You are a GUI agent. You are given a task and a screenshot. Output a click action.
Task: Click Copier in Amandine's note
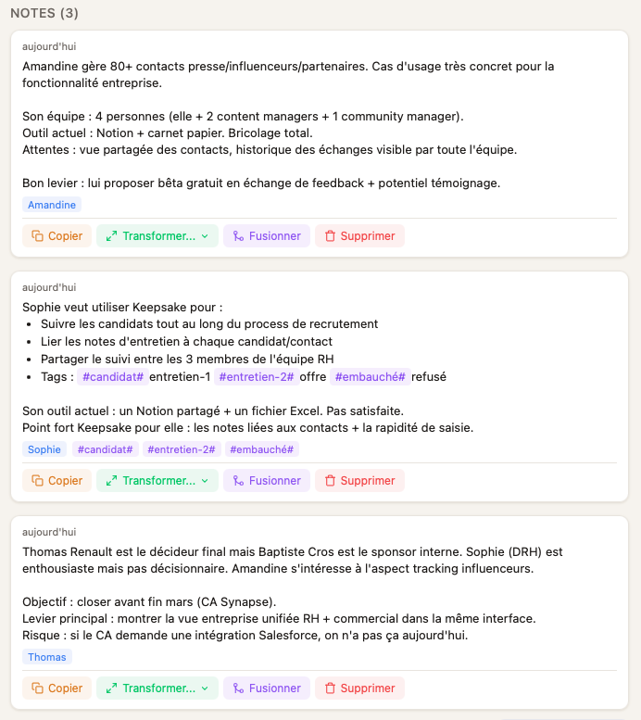pyautogui.click(x=57, y=236)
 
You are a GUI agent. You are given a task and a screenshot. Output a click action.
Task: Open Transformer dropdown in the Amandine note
pyautogui.click(x=157, y=236)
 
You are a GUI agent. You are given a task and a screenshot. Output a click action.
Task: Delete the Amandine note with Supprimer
pyautogui.click(x=359, y=236)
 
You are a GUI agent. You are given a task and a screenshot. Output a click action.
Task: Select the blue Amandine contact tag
pyautogui.click(x=52, y=205)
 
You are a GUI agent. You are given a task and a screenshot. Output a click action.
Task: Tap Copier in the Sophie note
pyautogui.click(x=57, y=481)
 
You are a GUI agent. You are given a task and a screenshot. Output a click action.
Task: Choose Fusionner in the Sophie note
pyautogui.click(x=267, y=481)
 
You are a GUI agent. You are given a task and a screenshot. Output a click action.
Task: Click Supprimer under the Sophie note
pyautogui.click(x=359, y=481)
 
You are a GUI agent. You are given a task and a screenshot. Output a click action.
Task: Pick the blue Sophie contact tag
pyautogui.click(x=44, y=449)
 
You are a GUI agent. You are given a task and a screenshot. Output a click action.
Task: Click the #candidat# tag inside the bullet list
pyautogui.click(x=114, y=377)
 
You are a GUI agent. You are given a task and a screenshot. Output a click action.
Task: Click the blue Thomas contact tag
pyautogui.click(x=47, y=657)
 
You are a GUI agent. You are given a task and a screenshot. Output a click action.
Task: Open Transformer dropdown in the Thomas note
pyautogui.click(x=157, y=688)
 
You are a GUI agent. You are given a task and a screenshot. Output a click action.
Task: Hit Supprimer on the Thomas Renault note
pyautogui.click(x=359, y=688)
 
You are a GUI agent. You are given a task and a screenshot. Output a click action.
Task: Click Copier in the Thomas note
pyautogui.click(x=57, y=688)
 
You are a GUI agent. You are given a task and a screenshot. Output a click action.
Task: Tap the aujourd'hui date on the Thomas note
pyautogui.click(x=49, y=532)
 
